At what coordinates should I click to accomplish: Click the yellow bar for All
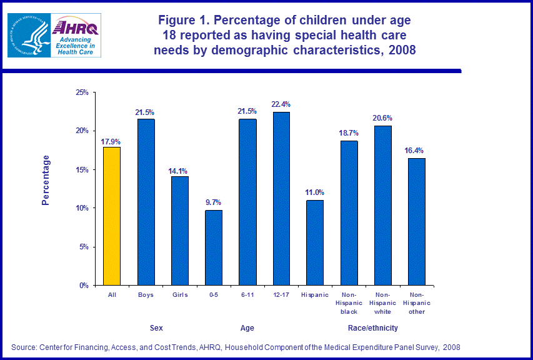coord(112,216)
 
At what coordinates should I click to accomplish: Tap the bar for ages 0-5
coord(214,247)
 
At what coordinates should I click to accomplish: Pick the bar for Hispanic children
coord(315,242)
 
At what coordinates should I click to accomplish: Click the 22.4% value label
coord(281,104)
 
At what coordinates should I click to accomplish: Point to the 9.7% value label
coord(214,202)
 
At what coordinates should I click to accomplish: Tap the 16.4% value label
coord(416,151)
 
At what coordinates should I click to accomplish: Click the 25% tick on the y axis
coord(81,92)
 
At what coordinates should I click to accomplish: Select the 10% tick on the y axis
coord(81,208)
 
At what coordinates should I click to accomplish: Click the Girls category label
coord(179,294)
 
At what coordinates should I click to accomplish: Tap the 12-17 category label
coord(281,294)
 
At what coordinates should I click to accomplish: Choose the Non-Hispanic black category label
coord(349,302)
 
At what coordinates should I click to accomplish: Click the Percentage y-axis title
coord(45,180)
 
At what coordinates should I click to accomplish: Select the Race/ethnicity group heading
coord(372,328)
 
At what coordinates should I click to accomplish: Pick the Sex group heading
coord(156,328)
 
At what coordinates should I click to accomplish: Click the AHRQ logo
coord(74,36)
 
